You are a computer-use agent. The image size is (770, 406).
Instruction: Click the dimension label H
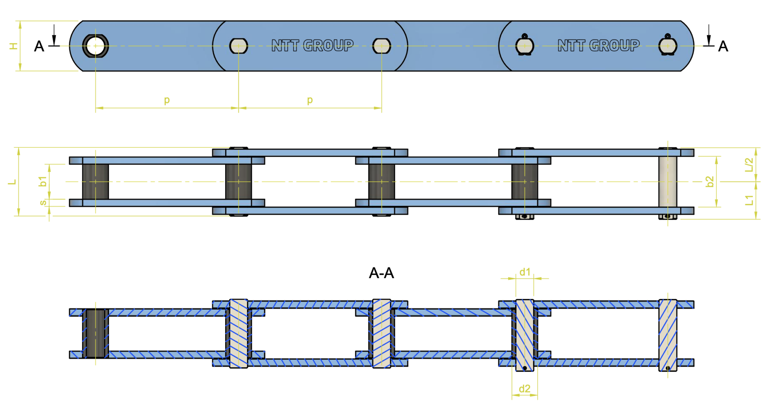click(x=13, y=46)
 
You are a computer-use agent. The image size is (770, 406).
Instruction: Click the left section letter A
click(x=39, y=47)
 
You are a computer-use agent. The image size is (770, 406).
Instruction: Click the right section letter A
click(x=723, y=47)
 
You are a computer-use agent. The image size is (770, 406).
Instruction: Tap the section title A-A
click(x=381, y=273)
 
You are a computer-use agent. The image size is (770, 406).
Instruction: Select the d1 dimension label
click(x=525, y=272)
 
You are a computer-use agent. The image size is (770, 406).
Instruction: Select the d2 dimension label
click(x=524, y=389)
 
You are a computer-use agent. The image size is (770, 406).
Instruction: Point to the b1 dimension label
click(x=42, y=181)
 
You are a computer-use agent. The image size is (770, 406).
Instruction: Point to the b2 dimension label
click(x=709, y=182)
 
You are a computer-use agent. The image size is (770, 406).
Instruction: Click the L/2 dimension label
click(x=749, y=164)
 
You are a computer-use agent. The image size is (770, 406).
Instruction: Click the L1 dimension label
click(x=749, y=200)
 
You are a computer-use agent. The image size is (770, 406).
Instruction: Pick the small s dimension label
click(x=43, y=203)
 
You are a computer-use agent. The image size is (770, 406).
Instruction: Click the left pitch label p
click(x=167, y=100)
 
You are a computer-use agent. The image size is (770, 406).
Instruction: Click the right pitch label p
click(x=310, y=100)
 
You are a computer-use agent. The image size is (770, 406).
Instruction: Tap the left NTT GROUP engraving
click(x=312, y=45)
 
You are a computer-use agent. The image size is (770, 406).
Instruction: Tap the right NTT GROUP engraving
click(x=598, y=45)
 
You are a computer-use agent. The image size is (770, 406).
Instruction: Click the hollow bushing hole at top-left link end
click(x=95, y=46)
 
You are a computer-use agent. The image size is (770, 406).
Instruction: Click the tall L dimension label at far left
click(x=12, y=182)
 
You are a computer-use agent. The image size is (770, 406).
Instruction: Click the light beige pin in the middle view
click(x=668, y=182)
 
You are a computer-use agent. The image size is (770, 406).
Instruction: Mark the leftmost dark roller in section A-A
click(x=95, y=333)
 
